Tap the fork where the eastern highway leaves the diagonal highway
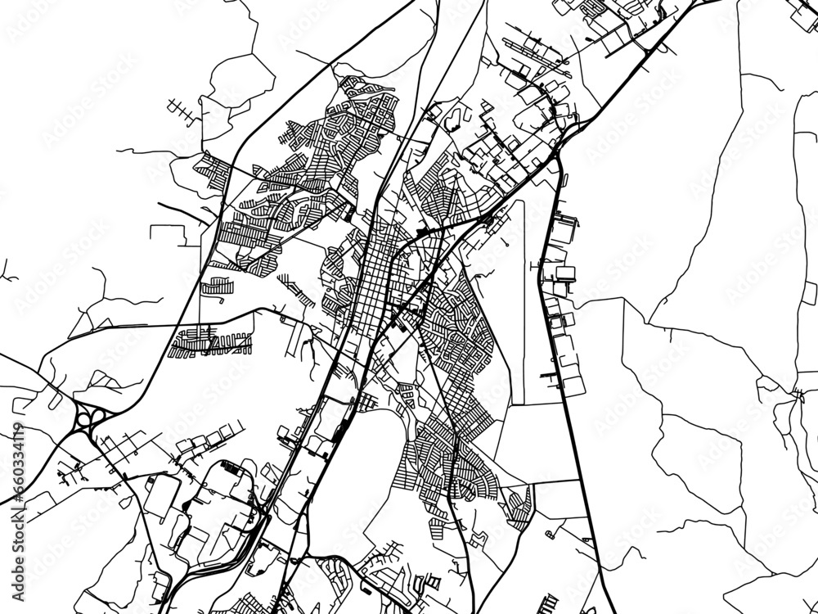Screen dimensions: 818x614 (557, 152)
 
